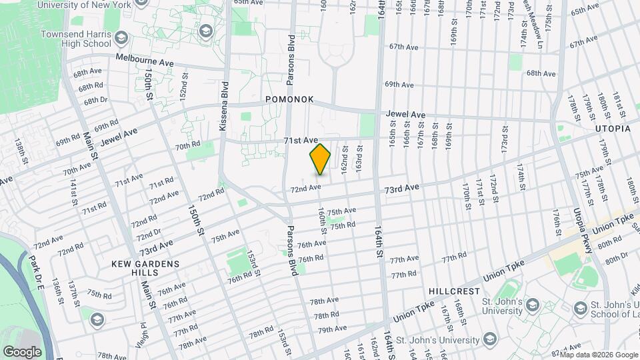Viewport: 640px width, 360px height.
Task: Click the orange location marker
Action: coord(321,159)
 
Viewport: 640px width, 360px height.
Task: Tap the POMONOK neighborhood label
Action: coord(289,99)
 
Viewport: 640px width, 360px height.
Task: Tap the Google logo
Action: coord(22,351)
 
